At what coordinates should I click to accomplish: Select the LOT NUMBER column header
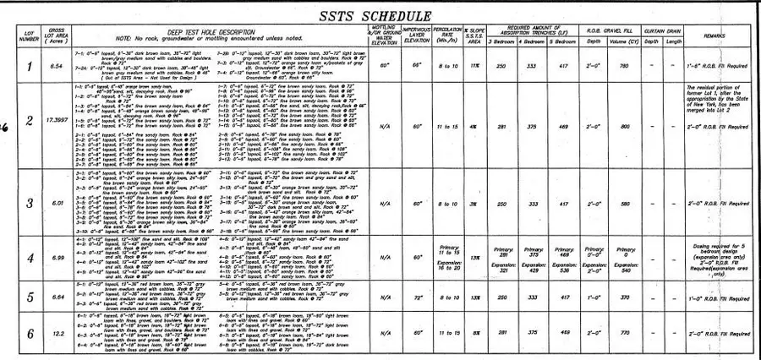[29, 36]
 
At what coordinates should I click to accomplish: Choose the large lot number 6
[30, 333]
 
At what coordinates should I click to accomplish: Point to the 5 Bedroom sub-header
[562, 41]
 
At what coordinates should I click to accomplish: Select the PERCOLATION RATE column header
[445, 36]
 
